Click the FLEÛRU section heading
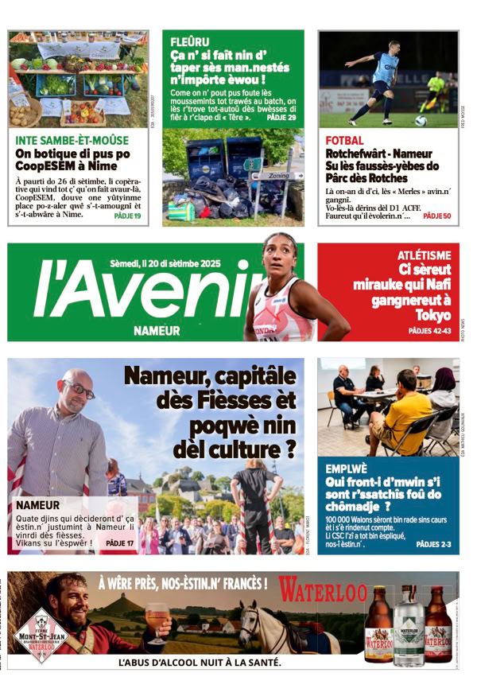[x=190, y=41]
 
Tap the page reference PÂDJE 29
[x=281, y=118]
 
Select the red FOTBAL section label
[x=344, y=141]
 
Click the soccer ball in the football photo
[x=420, y=122]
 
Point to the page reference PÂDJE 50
[x=436, y=216]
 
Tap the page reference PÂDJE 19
[x=127, y=216]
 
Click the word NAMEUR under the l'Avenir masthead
[x=157, y=329]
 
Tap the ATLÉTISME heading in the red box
[x=424, y=255]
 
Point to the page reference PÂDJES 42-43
[x=429, y=330]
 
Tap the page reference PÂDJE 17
[x=120, y=544]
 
